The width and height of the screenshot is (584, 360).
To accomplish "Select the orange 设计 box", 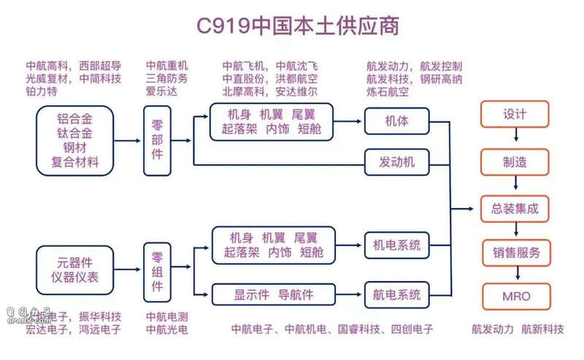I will tap(515, 115).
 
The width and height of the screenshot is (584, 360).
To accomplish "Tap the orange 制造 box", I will tap(515, 161).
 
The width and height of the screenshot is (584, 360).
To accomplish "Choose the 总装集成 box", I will tap(515, 208).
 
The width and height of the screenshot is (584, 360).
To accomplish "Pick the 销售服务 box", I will tap(515, 253).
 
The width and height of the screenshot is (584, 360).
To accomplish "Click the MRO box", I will tap(515, 296).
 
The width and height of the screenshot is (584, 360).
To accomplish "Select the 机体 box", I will tap(396, 120).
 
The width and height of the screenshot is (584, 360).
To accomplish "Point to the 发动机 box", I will tap(396, 161).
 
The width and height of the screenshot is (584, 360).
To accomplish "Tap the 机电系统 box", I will tap(396, 246).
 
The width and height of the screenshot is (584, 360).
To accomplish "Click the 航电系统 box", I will tap(396, 294).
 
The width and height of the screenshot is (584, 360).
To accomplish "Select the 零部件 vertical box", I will tap(158, 141).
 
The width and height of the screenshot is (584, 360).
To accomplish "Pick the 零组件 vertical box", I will tap(158, 271).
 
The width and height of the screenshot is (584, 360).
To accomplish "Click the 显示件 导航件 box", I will tap(273, 294).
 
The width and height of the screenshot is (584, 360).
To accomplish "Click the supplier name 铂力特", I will tap(42, 92).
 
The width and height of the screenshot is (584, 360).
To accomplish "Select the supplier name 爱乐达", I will tap(161, 92).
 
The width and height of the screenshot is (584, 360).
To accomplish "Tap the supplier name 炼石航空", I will tap(388, 92).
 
